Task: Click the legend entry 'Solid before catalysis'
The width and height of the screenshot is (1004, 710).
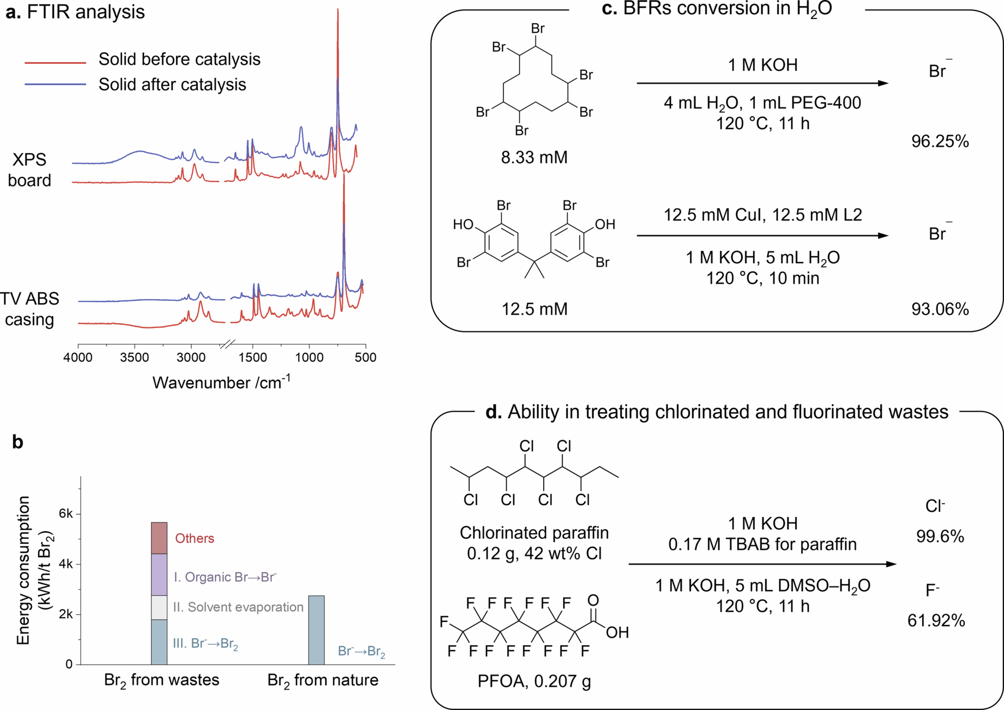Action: tap(179, 59)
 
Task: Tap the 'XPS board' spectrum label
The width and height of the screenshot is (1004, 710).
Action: tap(29, 170)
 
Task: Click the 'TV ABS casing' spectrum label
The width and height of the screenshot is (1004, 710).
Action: tap(29, 309)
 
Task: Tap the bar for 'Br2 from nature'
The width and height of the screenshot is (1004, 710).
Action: tap(316, 630)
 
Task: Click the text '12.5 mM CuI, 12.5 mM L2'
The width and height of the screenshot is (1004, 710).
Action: tap(763, 215)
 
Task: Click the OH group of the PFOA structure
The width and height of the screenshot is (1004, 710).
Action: tap(617, 632)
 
